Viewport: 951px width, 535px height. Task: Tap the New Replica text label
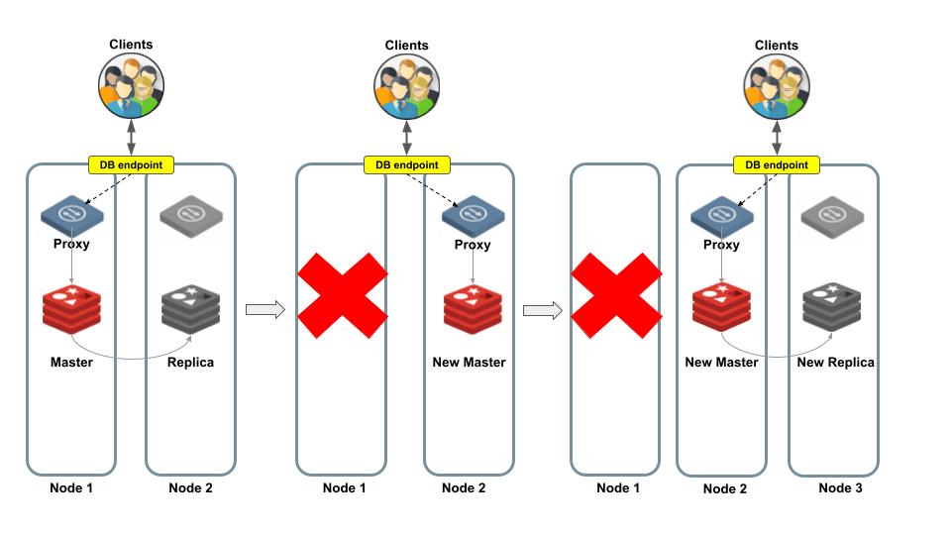point(835,363)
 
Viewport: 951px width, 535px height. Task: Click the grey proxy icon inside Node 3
point(829,215)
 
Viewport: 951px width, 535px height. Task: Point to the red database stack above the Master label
point(72,307)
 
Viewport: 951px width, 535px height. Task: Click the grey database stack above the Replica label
point(190,307)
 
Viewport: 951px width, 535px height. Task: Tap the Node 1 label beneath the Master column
point(71,487)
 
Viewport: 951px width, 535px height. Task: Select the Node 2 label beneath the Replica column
point(190,487)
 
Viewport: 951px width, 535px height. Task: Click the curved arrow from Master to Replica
point(129,355)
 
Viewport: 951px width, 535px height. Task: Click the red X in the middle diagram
point(342,293)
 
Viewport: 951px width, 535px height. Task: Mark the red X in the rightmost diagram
point(615,293)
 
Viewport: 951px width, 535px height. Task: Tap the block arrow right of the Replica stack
point(264,310)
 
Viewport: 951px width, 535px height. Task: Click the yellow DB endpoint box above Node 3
point(776,164)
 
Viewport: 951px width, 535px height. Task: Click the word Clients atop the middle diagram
point(406,46)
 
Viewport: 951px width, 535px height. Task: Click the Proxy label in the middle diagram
point(473,245)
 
